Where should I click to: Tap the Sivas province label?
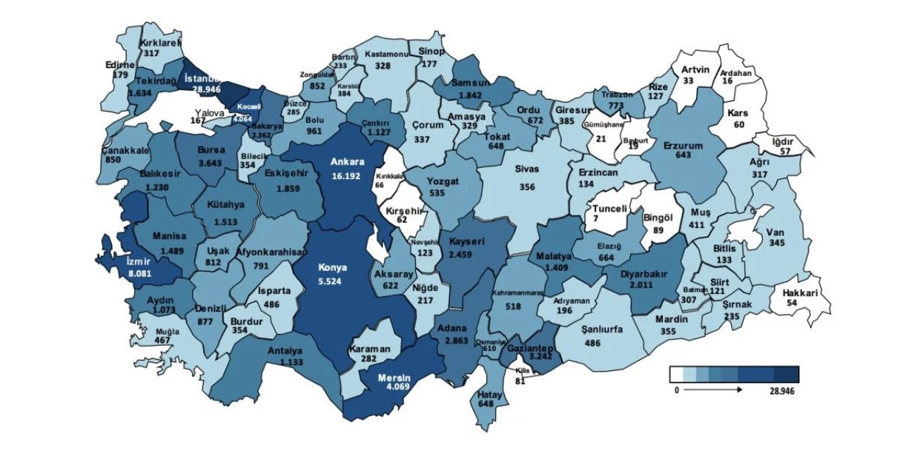pyautogui.click(x=527, y=169)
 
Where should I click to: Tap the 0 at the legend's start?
pyautogui.click(x=676, y=390)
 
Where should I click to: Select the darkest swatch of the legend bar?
pyautogui.click(x=786, y=374)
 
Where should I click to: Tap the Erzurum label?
pyautogui.click(x=683, y=146)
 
